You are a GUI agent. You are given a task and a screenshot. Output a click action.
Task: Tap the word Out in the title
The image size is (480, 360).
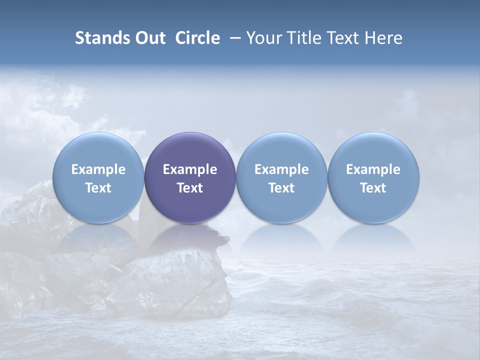pos(148,38)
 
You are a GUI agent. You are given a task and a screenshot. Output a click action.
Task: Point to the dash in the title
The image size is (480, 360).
pos(233,38)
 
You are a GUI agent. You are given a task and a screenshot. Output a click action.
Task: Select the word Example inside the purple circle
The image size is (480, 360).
pos(190,169)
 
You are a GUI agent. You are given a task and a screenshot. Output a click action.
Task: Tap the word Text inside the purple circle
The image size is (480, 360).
pos(190,188)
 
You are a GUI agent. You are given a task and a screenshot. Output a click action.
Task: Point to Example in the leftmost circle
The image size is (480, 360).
pos(98,169)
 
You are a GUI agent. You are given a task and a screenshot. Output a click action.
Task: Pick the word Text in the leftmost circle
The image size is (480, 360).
pos(98,188)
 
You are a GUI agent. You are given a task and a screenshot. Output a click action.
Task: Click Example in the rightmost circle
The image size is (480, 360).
pos(373,169)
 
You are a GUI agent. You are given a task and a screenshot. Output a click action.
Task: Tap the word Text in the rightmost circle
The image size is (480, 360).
pos(373,188)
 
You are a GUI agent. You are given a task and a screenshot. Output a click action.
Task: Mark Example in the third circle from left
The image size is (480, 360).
pos(281,169)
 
